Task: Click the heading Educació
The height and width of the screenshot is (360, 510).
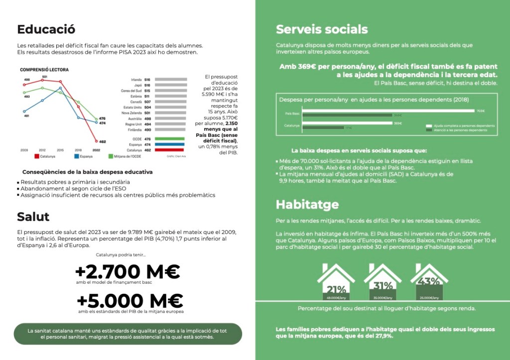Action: pyautogui.click(x=46, y=29)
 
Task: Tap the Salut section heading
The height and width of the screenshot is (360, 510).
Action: pyautogui.click(x=33, y=217)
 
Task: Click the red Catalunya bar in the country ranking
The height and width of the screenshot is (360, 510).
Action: pyautogui.click(x=170, y=150)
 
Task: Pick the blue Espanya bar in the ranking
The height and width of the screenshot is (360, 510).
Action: pyautogui.click(x=170, y=144)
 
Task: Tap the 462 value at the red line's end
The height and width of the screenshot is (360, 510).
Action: pyautogui.click(x=102, y=142)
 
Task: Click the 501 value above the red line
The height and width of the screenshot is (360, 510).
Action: pyautogui.click(x=44, y=77)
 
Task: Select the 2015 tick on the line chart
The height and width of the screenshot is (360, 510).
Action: pyautogui.click(x=60, y=149)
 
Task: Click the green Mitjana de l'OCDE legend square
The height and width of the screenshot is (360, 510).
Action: pyautogui.click(x=111, y=156)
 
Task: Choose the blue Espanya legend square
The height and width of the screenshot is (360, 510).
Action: pyautogui.click(x=76, y=156)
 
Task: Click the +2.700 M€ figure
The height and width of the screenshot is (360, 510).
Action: pyautogui.click(x=127, y=272)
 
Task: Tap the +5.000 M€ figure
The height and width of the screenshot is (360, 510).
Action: pyautogui.click(x=130, y=301)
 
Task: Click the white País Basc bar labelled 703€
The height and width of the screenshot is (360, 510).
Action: pyautogui.click(x=388, y=111)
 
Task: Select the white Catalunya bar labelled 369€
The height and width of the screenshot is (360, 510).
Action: pyautogui.click(x=348, y=123)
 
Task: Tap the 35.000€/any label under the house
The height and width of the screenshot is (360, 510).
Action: pyautogui.click(x=382, y=298)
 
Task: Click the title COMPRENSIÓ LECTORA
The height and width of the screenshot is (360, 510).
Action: pyautogui.click(x=44, y=70)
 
